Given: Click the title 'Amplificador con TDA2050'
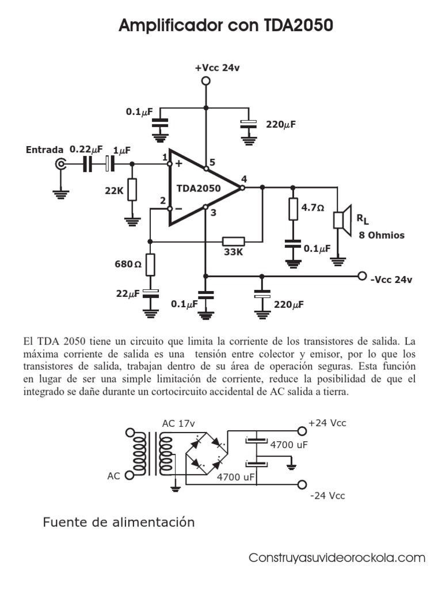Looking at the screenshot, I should [x=226, y=26].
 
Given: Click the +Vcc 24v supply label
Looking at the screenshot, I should [x=217, y=68].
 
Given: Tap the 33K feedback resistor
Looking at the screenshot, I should [x=234, y=242].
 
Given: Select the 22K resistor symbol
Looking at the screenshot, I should [x=133, y=190].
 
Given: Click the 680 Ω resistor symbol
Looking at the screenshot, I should [x=150, y=264].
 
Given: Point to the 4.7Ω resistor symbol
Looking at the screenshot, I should [x=293, y=209].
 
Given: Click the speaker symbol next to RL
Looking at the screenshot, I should [x=341, y=219].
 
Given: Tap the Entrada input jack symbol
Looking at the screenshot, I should [x=60, y=165].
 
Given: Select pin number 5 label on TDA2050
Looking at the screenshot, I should [x=212, y=162].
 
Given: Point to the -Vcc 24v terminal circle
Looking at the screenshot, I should [x=362, y=276].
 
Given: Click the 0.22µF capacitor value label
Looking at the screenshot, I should [x=86, y=149].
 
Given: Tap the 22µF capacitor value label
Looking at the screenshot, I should [x=128, y=293].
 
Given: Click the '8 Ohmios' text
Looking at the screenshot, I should [x=382, y=235].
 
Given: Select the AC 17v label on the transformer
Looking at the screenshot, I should [x=178, y=424].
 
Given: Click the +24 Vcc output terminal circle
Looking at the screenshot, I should [x=301, y=430].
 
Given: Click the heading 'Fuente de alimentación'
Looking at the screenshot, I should [x=119, y=523].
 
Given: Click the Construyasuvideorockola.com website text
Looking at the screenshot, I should [x=337, y=558].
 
